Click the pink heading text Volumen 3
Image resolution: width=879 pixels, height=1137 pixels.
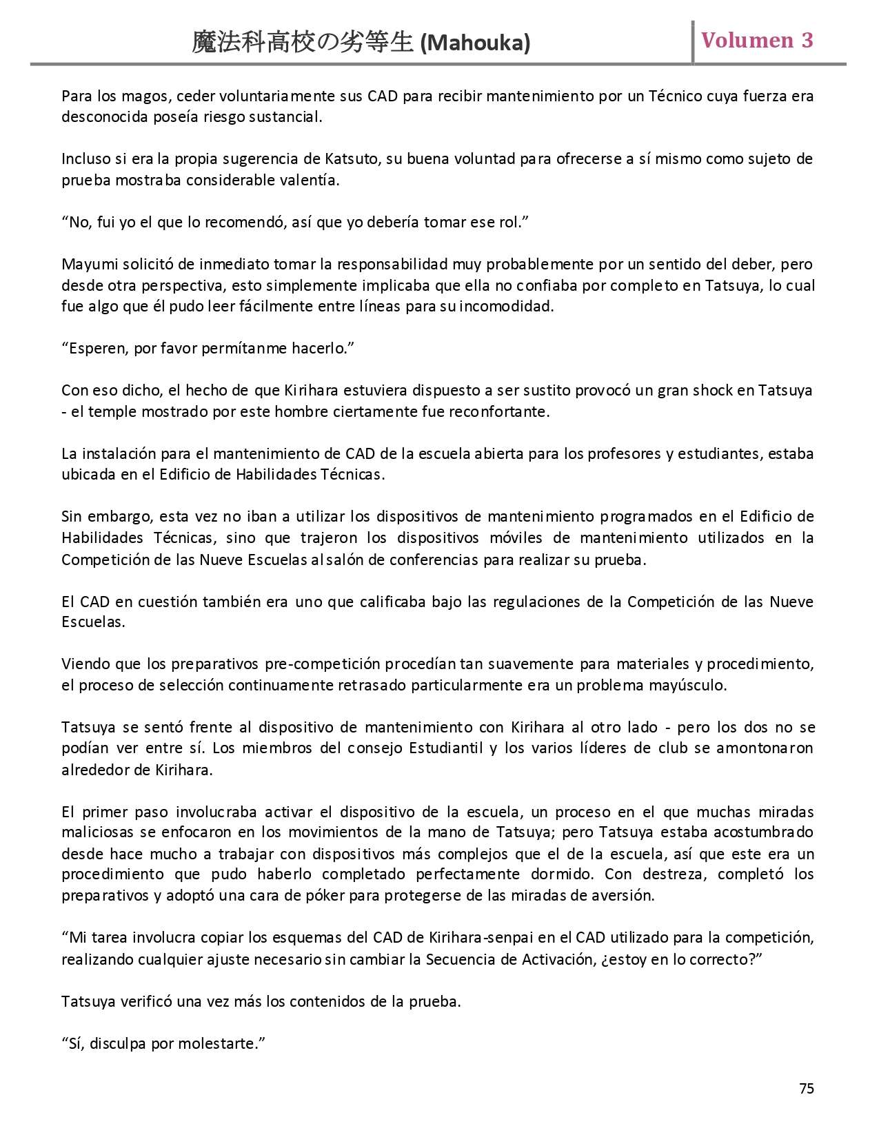[757, 41]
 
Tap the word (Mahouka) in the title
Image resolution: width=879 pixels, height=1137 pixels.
[475, 43]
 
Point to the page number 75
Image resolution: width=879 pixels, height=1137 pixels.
[807, 1088]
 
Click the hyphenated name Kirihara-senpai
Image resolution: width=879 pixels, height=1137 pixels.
[496, 938]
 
